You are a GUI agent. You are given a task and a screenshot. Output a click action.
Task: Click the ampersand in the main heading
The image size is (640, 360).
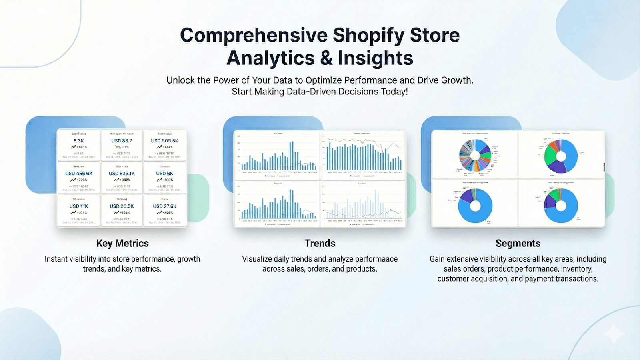click(326, 58)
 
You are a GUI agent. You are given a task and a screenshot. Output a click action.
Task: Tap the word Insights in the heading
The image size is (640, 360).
click(375, 58)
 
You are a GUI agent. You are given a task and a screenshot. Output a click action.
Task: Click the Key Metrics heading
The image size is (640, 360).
click(122, 243)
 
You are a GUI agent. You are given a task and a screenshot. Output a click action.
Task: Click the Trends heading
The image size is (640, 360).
click(320, 243)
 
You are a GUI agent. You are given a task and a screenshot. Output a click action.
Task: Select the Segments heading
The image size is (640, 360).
click(518, 243)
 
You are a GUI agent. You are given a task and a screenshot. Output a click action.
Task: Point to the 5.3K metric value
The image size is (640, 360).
click(79, 141)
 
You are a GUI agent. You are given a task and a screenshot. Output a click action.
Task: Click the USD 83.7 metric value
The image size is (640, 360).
click(122, 141)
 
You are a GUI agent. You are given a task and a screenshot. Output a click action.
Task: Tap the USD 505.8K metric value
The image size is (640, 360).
click(164, 141)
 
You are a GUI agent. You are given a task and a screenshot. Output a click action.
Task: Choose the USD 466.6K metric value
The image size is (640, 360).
click(79, 174)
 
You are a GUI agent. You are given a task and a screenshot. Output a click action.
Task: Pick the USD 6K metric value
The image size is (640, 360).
click(164, 174)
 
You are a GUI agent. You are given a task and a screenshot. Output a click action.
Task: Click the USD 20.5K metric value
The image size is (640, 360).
click(122, 206)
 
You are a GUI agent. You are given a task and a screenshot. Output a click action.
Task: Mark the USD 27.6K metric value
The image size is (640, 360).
click(164, 206)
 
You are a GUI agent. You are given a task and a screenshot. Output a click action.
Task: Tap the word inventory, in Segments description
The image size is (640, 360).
click(576, 269)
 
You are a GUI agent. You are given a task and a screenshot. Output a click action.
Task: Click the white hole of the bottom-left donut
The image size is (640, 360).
click(475, 206)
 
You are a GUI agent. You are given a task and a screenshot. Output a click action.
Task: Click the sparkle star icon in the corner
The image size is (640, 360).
click(614, 334)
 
